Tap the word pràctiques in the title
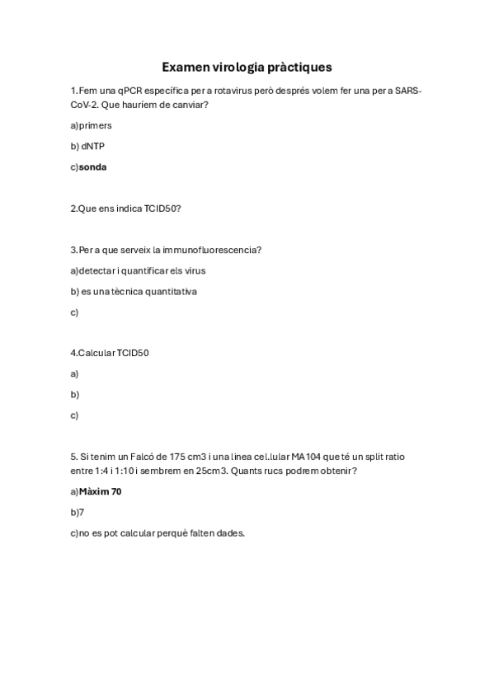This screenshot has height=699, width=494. click(x=298, y=66)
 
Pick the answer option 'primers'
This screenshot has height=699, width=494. click(x=95, y=125)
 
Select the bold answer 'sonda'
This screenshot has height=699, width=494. click(x=92, y=167)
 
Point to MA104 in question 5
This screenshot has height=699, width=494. click(x=307, y=456)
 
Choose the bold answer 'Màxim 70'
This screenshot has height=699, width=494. click(x=100, y=491)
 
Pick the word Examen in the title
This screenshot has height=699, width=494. click(x=186, y=66)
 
